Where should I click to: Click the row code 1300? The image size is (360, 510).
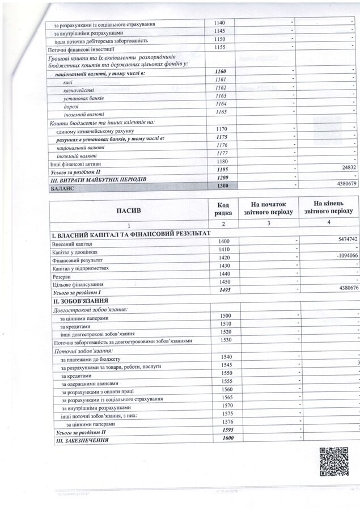[222, 185]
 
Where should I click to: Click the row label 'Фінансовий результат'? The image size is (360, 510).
[75, 259]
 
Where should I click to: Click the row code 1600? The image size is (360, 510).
[228, 438]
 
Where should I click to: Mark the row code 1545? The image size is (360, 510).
[226, 364]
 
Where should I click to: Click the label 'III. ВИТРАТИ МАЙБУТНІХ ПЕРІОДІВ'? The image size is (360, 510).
[99, 179]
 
